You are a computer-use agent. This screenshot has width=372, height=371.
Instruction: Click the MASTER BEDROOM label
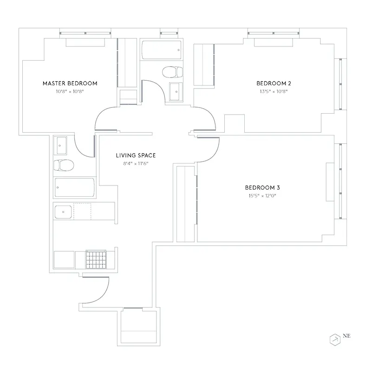[x=70, y=83]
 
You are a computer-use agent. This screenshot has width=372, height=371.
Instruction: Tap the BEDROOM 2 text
[x=274, y=83]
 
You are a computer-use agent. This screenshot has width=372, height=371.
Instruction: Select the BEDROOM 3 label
[x=262, y=188]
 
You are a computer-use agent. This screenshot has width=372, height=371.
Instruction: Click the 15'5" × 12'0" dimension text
[x=262, y=196]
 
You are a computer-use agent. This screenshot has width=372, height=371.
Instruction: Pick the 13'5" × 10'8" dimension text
[x=274, y=91]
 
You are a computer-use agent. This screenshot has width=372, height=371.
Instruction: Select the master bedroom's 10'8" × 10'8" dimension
[x=70, y=91]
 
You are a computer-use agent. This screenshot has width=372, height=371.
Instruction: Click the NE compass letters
[x=346, y=335]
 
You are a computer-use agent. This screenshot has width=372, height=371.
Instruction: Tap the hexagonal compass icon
[x=335, y=339]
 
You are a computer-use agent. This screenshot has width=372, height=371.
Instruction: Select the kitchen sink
[x=63, y=212]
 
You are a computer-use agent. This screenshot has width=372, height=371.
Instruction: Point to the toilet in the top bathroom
[x=172, y=72]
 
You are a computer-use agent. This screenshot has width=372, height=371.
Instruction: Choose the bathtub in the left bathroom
[x=74, y=188]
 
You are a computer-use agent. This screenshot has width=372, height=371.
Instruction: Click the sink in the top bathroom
[x=176, y=91]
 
